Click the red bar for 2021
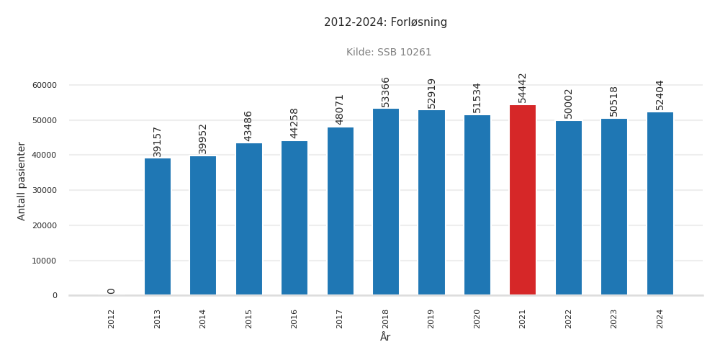point(523,200)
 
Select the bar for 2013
point(158,227)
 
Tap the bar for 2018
point(386,202)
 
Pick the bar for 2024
point(660,204)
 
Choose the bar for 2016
point(294,218)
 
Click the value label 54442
point(523,87)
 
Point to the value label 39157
point(158,141)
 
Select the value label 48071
point(340,109)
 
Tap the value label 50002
point(569,103)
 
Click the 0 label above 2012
point(112,291)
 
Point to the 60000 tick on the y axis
point(45,85)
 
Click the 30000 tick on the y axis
point(45,190)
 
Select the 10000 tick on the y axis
point(45,261)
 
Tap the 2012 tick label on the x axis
point(112,318)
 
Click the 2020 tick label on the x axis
point(477,318)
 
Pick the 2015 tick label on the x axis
point(249,318)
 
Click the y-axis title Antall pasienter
point(22,181)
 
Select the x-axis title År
point(385,337)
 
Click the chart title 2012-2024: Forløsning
point(385,22)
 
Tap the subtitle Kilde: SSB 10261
point(389,53)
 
